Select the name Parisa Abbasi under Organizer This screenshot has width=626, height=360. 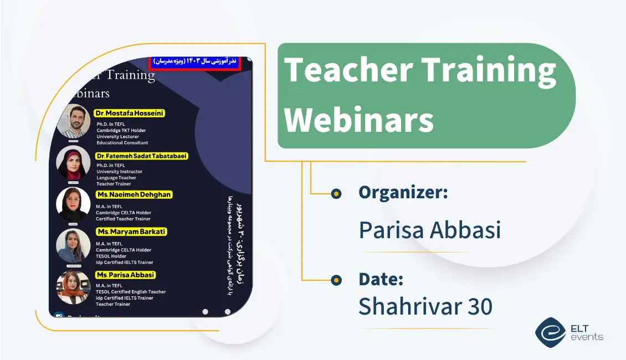click(429, 229)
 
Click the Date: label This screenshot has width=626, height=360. click(381, 279)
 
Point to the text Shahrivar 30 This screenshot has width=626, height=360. click(425, 306)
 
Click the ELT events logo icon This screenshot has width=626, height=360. click(550, 332)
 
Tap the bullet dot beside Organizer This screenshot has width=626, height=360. click(335, 193)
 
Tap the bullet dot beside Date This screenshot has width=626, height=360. click(335, 280)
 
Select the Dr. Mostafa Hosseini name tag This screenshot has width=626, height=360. click(130, 113)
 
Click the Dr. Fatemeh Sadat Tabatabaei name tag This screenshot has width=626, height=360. click(142, 156)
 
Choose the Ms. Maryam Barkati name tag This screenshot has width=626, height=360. click(131, 232)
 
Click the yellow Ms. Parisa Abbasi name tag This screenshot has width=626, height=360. click(126, 275)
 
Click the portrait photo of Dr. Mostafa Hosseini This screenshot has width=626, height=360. click(73, 121)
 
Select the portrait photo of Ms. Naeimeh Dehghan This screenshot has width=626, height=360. click(73, 204)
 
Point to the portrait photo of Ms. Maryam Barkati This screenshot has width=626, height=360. click(73, 245)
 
